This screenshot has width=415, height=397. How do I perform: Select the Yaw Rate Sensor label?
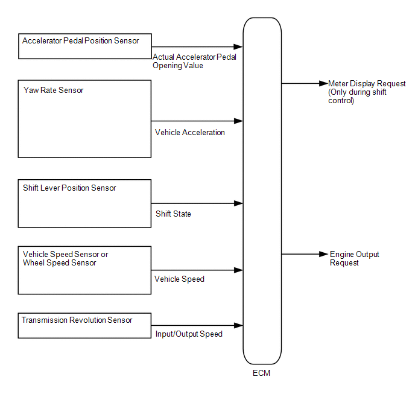tap(54, 91)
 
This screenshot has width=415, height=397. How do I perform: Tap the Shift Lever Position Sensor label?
tap(69, 188)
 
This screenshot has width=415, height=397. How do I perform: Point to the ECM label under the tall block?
tap(262, 373)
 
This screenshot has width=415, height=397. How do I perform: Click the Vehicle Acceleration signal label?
tap(190, 132)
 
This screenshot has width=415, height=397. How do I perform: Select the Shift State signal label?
tap(173, 214)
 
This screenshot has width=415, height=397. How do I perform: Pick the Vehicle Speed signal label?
tap(179, 279)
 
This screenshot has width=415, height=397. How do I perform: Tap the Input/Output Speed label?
tap(189, 334)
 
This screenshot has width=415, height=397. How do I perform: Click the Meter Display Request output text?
tap(367, 84)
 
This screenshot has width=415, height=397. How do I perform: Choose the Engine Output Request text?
tap(355, 259)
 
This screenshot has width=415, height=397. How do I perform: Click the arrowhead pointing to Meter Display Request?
tap(324, 83)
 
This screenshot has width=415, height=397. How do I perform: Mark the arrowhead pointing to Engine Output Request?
tap(324, 254)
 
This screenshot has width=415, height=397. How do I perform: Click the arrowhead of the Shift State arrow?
tap(239, 203)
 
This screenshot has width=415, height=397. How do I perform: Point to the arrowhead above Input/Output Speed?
tap(239, 325)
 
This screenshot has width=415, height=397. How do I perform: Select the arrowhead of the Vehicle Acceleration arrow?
tap(239, 121)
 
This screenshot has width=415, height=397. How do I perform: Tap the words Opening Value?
tap(178, 66)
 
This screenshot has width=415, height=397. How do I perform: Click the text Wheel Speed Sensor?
tap(60, 263)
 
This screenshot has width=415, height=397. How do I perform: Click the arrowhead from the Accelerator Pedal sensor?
tap(238, 47)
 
